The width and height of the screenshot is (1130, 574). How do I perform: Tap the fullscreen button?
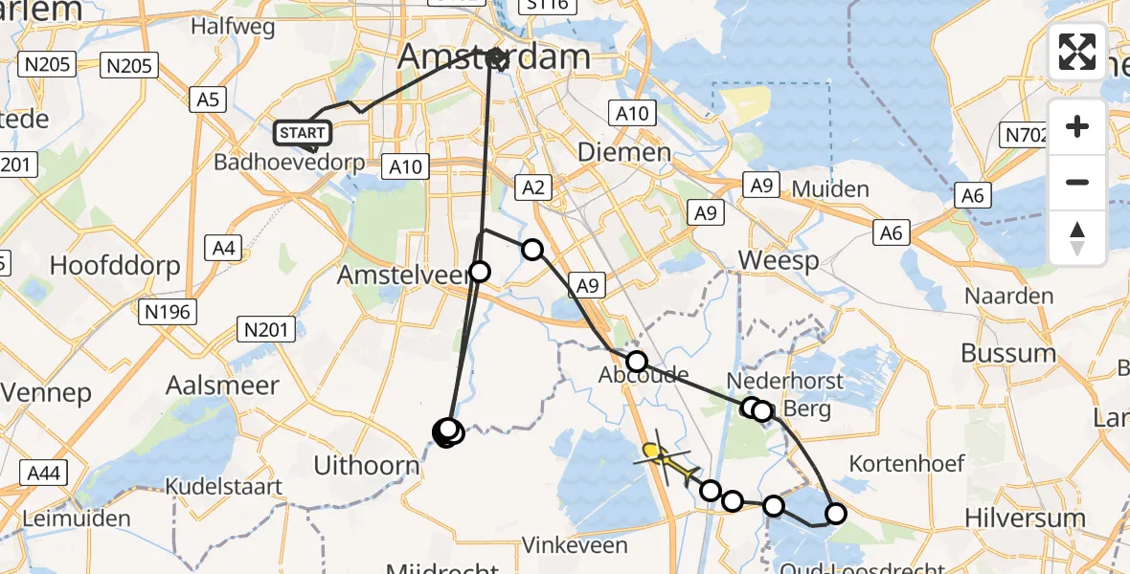click(1077, 52)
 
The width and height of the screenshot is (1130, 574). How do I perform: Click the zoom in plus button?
click(1077, 126)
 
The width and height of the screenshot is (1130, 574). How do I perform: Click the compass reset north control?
click(1077, 238)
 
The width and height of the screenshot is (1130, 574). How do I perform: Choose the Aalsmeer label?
click(222, 386)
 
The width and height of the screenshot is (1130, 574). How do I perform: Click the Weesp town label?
click(780, 259)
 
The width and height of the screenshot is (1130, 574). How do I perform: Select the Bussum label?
click(1008, 352)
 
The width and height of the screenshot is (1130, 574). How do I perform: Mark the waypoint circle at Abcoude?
click(637, 362)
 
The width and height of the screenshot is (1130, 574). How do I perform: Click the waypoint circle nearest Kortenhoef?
click(836, 514)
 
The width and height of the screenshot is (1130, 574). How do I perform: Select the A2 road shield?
click(533, 188)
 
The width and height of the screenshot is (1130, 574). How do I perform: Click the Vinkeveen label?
click(575, 545)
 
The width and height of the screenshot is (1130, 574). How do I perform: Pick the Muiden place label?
click(830, 188)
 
